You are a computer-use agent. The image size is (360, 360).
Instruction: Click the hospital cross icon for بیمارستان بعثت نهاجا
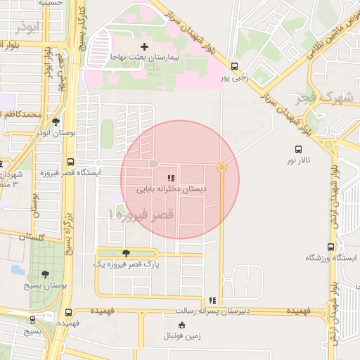[144, 46]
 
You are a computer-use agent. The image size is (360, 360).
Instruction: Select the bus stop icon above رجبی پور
[235, 67]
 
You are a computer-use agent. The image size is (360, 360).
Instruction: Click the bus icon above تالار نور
[298, 149]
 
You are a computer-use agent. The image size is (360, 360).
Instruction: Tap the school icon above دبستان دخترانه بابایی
[170, 179]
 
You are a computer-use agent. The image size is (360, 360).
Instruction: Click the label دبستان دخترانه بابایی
[167, 189]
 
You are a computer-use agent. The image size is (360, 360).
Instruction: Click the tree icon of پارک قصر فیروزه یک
[126, 253]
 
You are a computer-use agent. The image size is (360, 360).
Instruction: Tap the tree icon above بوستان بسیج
[46, 274]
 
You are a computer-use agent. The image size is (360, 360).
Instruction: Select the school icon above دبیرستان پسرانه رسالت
[212, 300]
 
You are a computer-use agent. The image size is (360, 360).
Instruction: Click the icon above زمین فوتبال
[182, 325]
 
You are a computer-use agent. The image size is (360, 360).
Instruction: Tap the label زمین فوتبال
[182, 336]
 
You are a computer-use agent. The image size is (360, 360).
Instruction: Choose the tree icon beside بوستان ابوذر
[56, 121]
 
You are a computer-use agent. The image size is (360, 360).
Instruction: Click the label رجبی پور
[235, 79]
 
